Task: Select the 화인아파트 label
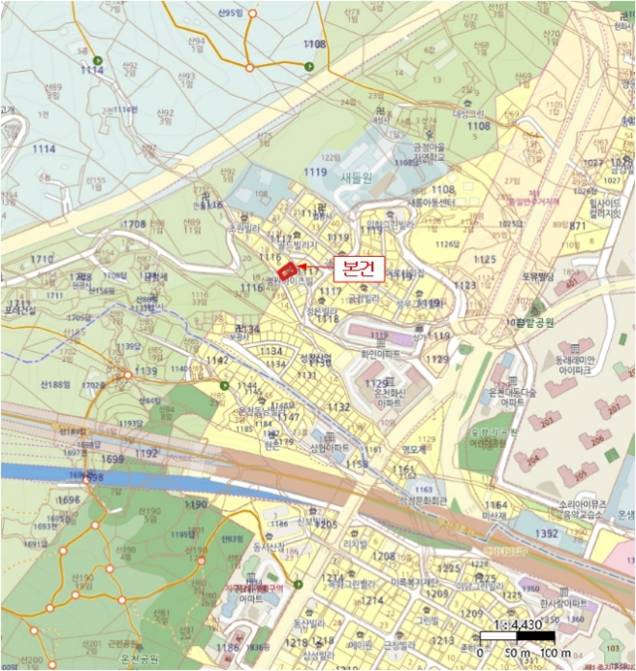pyautogui.click(x=380, y=352)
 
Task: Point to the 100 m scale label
pyautogui.click(x=554, y=653)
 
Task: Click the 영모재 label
pyautogui.click(x=412, y=447)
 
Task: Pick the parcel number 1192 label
pyautogui.click(x=146, y=453)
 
